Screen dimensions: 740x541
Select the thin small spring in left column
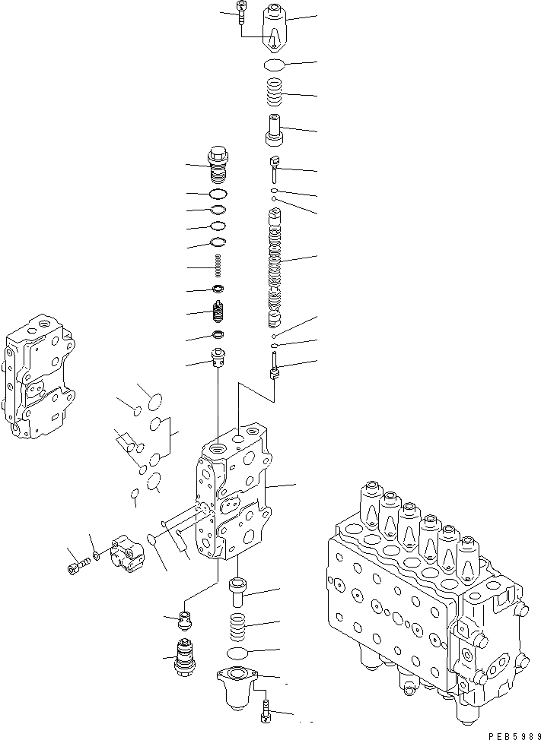coord(218,267)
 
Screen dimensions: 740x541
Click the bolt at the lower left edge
coord(76,566)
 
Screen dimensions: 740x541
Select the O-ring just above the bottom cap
coord(241,653)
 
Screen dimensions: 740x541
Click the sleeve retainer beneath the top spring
coord(274,128)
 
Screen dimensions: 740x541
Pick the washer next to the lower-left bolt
coord(94,560)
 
